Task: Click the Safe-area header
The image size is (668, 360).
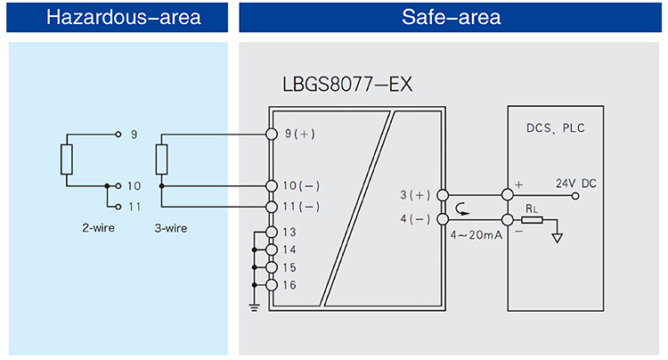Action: tap(452, 17)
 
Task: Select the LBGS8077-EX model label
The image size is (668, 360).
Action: tap(346, 86)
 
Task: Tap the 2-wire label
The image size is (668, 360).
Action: tap(94, 228)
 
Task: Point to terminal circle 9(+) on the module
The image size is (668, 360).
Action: tap(272, 135)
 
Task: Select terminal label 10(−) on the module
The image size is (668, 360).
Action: tap(301, 186)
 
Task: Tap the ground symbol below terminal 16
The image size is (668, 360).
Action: tap(254, 307)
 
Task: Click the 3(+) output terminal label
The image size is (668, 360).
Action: tap(416, 194)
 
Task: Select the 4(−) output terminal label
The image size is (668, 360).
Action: tap(416, 218)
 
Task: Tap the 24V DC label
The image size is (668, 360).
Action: tap(576, 184)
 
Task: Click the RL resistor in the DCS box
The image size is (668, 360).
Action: tap(532, 218)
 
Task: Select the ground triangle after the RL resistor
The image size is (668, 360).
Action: tap(558, 237)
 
